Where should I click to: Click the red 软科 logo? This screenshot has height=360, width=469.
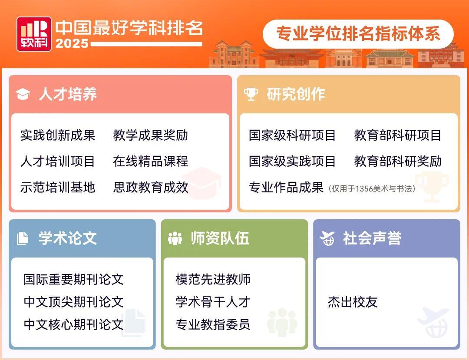34,34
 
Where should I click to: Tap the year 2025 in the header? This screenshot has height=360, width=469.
72,43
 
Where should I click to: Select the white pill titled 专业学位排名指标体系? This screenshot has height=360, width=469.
358,34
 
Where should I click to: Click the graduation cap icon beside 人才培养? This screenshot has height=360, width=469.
23,94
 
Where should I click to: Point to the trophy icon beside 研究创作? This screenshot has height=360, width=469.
251,94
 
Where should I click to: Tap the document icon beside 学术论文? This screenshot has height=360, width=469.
23,238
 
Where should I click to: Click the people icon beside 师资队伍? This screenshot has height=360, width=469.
175,238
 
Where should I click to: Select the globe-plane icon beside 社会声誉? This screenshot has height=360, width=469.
327,238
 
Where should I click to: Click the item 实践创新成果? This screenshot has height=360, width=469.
58,135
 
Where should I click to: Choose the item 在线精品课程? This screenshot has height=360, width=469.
151,161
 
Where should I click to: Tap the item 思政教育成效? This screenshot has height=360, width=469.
151,187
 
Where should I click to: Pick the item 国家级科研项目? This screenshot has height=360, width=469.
292,135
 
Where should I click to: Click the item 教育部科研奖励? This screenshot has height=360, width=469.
398,161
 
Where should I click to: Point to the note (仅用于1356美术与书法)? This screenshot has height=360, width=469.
372,188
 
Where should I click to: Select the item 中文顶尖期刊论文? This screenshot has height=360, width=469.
74,302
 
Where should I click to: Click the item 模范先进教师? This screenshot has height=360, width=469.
213,279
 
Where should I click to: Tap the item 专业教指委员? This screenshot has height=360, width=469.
213,324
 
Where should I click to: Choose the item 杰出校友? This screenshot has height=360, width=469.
353,302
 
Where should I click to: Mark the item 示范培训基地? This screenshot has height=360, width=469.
58,187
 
